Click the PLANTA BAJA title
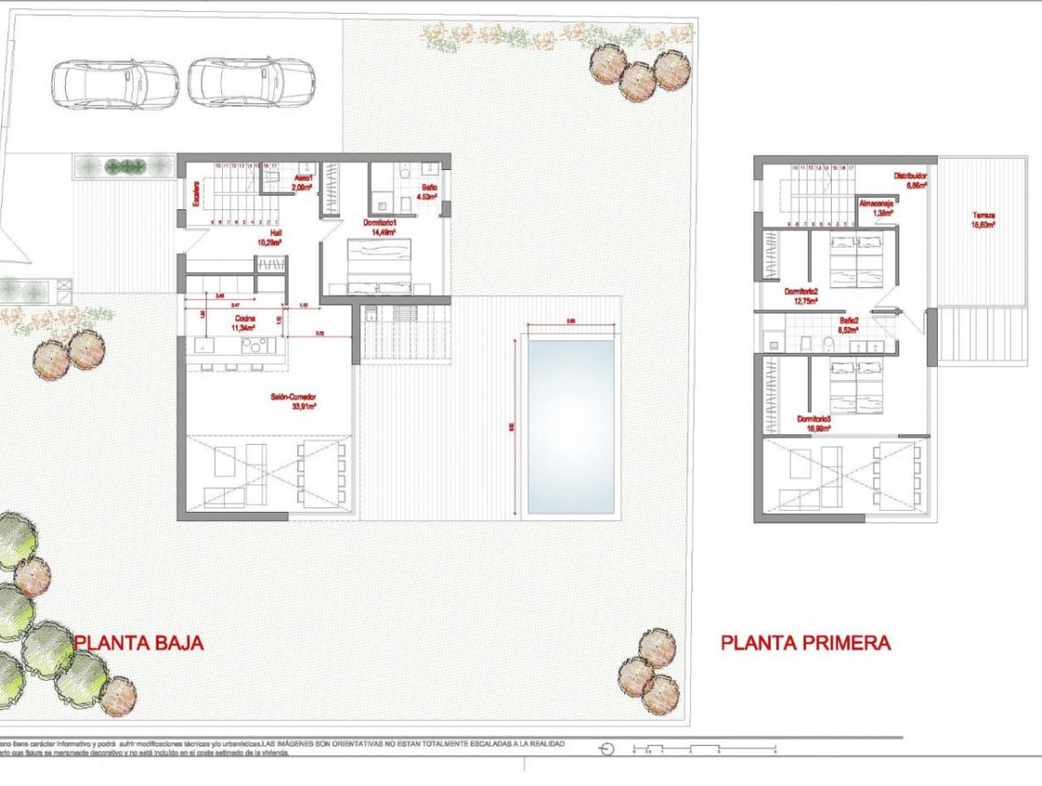(139, 643)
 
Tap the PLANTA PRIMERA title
(805, 643)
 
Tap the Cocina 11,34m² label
(242, 323)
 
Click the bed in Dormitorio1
(382, 265)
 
